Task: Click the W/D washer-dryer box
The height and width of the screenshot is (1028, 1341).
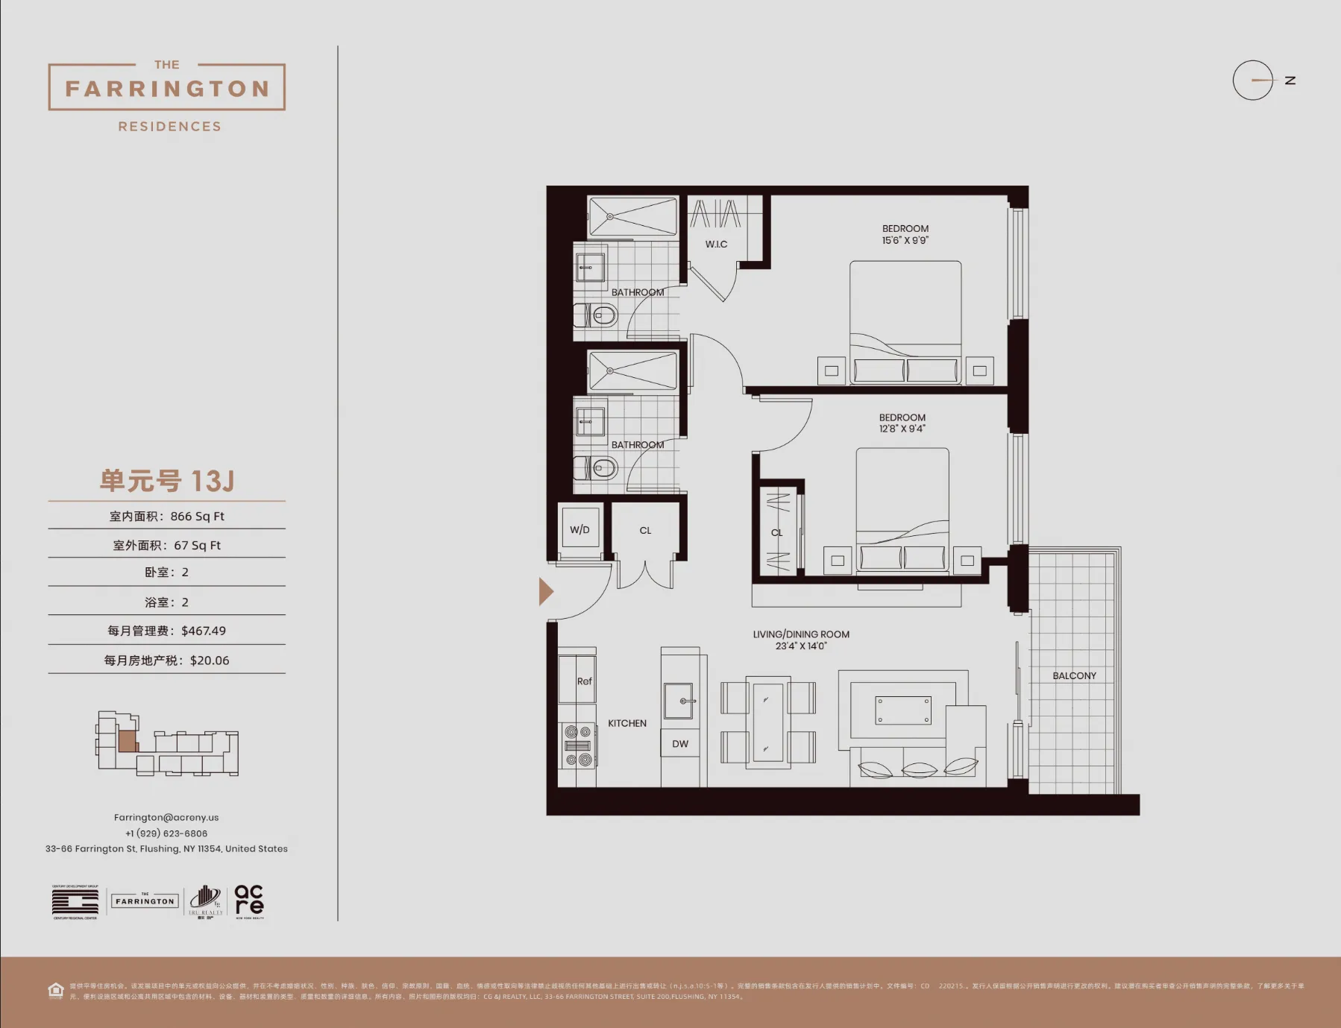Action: [580, 529]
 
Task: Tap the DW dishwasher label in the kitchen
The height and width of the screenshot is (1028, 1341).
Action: [679, 743]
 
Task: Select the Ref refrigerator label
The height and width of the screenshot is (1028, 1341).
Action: [584, 681]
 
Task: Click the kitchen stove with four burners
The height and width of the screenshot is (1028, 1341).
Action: [577, 745]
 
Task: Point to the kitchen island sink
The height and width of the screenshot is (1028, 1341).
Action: [679, 701]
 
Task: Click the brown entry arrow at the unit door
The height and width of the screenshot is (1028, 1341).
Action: [546, 591]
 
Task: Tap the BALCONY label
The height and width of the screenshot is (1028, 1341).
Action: [1074, 675]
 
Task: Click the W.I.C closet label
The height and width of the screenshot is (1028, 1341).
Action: [716, 244]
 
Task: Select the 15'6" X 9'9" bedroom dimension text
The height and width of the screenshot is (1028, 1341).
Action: [905, 240]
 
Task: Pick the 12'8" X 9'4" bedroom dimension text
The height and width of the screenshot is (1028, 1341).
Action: [902, 429]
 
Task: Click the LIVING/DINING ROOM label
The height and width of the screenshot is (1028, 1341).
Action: [801, 634]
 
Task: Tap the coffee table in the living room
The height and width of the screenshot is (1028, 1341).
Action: [902, 710]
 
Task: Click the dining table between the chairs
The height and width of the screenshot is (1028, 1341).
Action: [767, 722]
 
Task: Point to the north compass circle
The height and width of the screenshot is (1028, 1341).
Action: [1252, 80]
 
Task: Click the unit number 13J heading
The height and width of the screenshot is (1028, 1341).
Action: [167, 481]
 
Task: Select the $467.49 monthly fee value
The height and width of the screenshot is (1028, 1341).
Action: [204, 631]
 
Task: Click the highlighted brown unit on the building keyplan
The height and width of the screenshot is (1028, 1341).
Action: [128, 741]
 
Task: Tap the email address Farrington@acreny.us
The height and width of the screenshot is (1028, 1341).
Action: [166, 817]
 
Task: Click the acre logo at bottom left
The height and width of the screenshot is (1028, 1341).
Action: [249, 901]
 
